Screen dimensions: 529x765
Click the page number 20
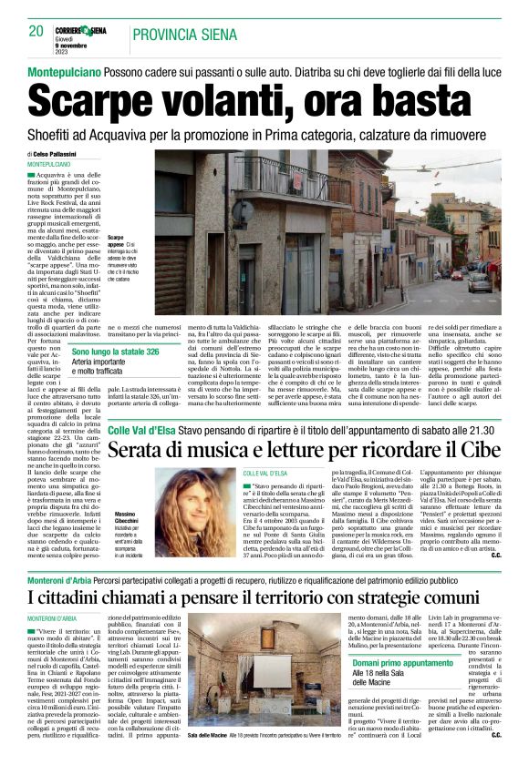36,31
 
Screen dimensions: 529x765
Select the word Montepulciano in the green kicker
62,71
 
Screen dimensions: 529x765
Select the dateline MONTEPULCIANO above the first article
52,164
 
